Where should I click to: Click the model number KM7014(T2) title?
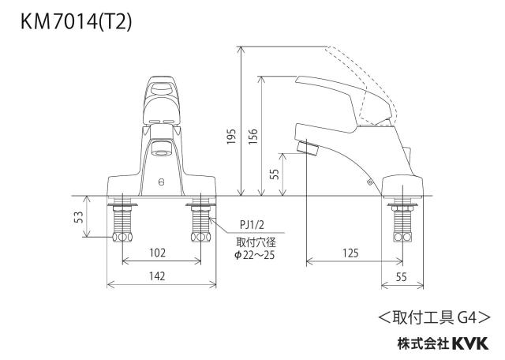(76, 22)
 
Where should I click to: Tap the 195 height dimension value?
(231, 137)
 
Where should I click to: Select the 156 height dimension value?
(253, 137)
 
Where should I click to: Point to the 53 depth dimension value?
(79, 217)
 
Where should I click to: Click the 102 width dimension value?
(158, 253)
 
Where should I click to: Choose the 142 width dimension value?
(157, 276)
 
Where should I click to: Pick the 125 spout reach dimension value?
(350, 253)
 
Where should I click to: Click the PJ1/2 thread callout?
(252, 225)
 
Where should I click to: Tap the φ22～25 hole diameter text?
(254, 255)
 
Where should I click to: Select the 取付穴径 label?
(256, 242)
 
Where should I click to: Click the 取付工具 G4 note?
(434, 318)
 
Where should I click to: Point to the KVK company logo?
(470, 343)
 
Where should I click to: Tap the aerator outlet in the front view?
(161, 148)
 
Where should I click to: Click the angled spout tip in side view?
(308, 148)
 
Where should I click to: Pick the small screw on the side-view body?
(369, 182)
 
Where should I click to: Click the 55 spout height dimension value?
(275, 174)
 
